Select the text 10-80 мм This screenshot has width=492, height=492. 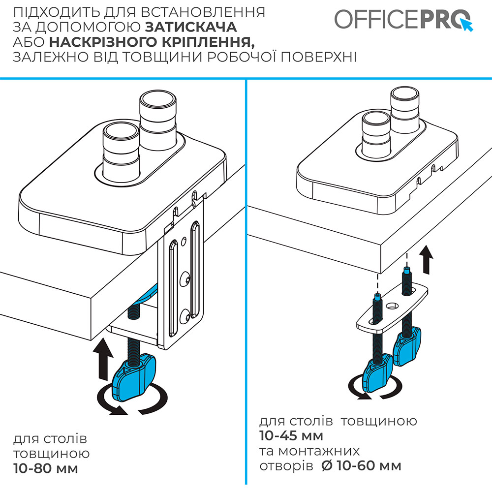coord(46,468)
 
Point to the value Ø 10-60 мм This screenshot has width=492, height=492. coord(361,465)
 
